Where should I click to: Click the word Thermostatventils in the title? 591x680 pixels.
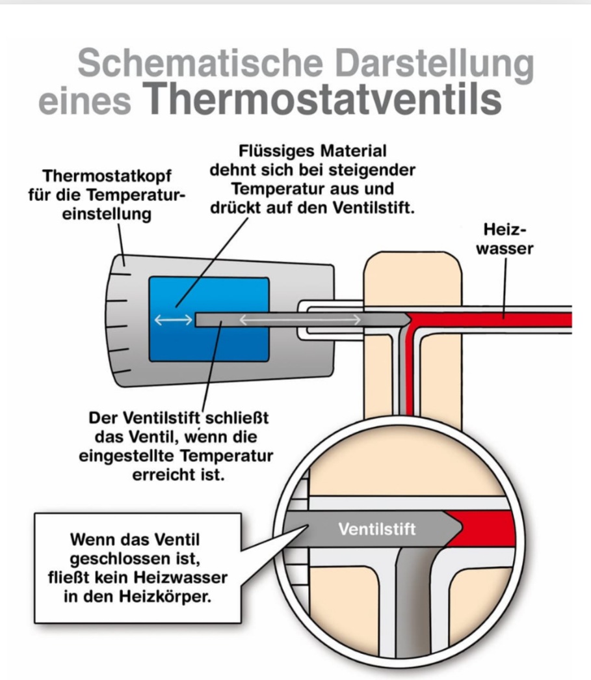tap(322, 100)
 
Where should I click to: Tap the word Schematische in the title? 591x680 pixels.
tap(200, 62)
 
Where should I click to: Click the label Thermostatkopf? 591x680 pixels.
tap(107, 176)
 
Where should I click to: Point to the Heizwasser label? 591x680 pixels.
tap(505, 239)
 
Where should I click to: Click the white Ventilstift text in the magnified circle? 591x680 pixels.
tap(377, 529)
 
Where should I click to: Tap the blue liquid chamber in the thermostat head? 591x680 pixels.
tap(209, 320)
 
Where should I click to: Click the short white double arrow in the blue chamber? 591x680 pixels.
tap(174, 320)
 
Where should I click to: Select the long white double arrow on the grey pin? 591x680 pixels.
tap(300, 320)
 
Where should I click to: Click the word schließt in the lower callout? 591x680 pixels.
tap(237, 418)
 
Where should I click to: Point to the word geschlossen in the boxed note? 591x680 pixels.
tap(135, 559)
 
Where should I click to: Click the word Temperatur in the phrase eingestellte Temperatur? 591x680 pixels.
tap(227, 456)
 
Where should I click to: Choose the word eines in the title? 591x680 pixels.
tap(85, 102)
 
